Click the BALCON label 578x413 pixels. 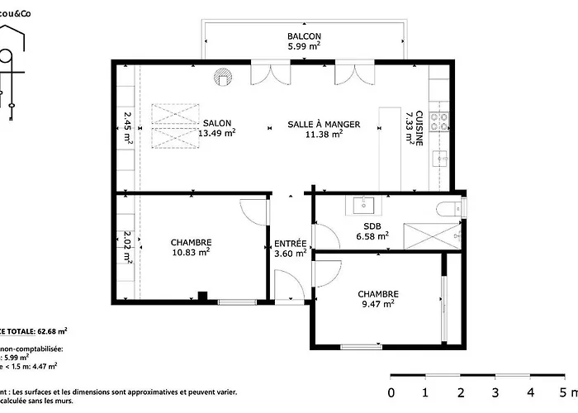304,37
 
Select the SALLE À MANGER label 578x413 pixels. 324,124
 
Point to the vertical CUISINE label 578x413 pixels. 419,127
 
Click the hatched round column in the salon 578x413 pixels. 222,77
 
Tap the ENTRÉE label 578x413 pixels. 291,244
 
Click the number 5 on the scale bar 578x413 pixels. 563,392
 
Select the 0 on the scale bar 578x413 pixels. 391,392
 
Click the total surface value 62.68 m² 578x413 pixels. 50,330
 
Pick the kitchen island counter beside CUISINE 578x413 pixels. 389,148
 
